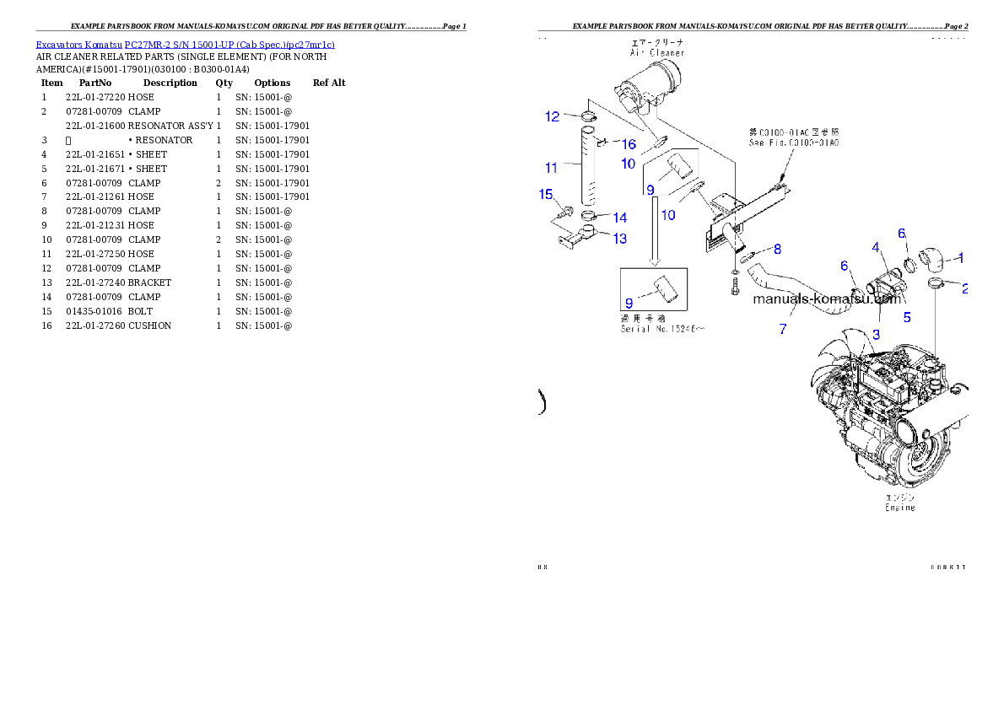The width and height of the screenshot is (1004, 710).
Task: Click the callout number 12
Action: (552, 116)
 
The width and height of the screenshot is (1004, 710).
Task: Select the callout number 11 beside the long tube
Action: (551, 167)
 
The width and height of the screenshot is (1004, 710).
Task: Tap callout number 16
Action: (629, 144)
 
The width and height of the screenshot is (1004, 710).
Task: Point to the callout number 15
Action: (545, 195)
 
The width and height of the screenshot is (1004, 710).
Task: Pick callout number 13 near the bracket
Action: (620, 239)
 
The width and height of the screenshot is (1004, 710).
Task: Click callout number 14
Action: (620, 218)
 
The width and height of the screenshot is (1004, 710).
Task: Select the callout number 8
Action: (777, 249)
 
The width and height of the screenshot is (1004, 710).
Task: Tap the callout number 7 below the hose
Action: (783, 329)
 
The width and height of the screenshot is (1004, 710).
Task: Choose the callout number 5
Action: (907, 317)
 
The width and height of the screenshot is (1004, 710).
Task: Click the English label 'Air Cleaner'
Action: (657, 52)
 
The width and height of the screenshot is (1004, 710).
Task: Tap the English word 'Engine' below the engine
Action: (899, 508)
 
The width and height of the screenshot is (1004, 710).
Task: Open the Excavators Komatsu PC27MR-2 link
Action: (185, 44)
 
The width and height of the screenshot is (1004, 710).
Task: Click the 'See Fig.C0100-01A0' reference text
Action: (794, 143)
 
